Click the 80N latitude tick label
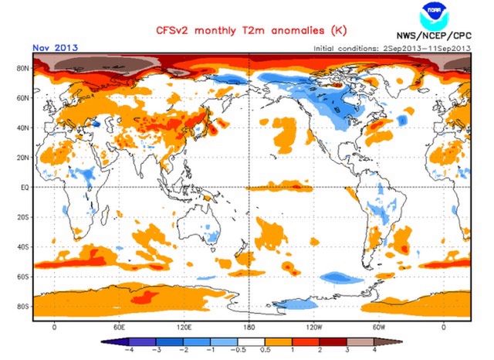click(x=22, y=68)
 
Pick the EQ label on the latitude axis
click(x=23, y=187)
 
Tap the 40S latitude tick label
click(x=22, y=246)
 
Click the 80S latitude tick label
click(x=22, y=307)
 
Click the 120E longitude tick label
click(x=183, y=327)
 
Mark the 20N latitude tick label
click(x=22, y=157)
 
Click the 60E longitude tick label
click(x=119, y=327)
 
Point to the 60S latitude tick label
click(x=22, y=277)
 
